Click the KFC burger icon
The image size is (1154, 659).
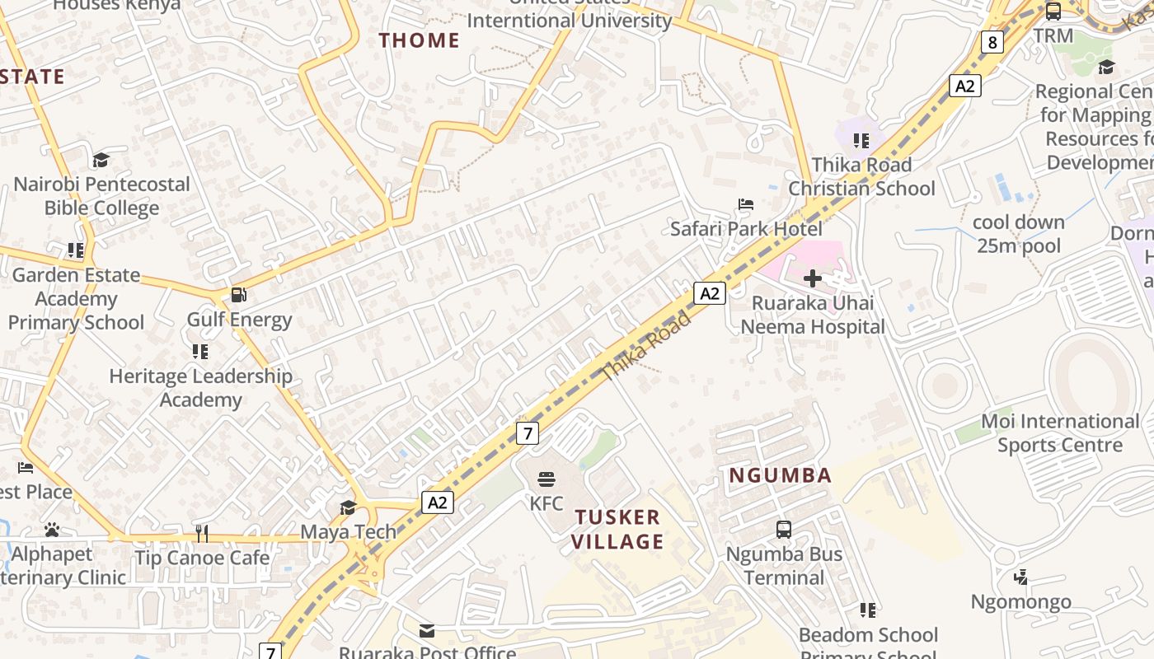(x=546, y=479)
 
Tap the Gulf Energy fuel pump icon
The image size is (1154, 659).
(x=238, y=294)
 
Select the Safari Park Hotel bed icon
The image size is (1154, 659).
(x=745, y=203)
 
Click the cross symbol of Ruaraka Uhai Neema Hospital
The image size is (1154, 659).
(x=813, y=278)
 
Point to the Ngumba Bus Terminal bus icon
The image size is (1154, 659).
(x=784, y=529)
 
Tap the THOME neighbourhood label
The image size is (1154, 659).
(x=419, y=40)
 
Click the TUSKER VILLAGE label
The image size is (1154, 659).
(x=618, y=530)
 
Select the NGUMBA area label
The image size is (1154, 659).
(x=780, y=475)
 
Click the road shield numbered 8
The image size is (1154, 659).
(x=992, y=42)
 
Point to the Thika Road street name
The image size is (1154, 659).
(x=645, y=345)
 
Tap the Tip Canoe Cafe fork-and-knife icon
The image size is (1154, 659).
(x=201, y=534)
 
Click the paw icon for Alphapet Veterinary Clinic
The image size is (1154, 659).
(x=52, y=530)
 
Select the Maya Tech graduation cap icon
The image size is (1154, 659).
(x=348, y=507)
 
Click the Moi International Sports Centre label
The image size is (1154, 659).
(x=1059, y=433)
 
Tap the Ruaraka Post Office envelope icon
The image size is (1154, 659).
(x=427, y=631)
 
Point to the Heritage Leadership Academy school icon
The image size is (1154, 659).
(x=200, y=352)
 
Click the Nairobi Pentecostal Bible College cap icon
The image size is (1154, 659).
(x=101, y=160)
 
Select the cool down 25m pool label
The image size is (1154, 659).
(x=1019, y=234)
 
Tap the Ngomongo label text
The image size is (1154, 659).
(x=1020, y=601)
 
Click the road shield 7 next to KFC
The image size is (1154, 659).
(x=528, y=432)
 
